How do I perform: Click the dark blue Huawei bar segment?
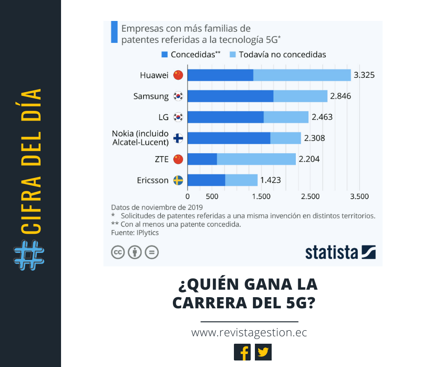tap(220, 75)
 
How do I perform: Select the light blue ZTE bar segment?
tap(256, 159)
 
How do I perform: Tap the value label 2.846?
tap(340, 96)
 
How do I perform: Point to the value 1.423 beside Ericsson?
tap(270, 180)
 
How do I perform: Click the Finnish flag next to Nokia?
tap(178, 138)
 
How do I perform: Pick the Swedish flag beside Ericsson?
tap(178, 180)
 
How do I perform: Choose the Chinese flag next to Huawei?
tap(178, 75)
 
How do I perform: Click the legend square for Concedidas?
tap(164, 54)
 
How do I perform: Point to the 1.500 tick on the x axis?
tap(261, 197)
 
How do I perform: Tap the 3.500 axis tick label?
tap(359, 197)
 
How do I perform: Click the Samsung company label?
tap(151, 96)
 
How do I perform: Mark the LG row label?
tap(164, 117)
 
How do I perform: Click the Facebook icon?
tap(242, 352)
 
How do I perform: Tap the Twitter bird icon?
tap(263, 352)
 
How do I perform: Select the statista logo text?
tap(332, 252)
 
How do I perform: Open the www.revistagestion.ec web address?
tap(249, 333)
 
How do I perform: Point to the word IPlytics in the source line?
tap(147, 232)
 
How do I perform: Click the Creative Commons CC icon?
tap(117, 252)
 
